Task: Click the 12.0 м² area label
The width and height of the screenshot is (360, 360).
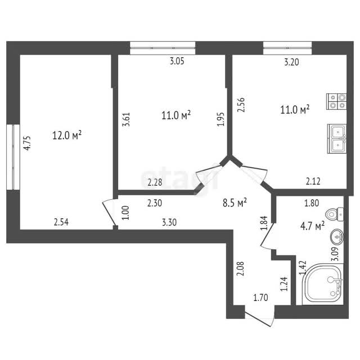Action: click(67, 135)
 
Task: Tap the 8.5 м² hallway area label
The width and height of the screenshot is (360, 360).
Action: click(235, 202)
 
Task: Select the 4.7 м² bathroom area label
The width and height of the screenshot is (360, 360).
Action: click(312, 226)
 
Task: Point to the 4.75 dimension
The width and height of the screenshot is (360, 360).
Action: click(27, 143)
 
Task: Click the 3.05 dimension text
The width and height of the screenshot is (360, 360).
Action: click(177, 61)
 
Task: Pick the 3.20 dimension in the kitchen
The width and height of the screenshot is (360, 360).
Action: click(291, 62)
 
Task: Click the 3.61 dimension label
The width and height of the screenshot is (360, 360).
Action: click(126, 119)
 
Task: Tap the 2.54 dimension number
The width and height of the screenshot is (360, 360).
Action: click(61, 222)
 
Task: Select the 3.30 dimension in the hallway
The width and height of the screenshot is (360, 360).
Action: click(169, 222)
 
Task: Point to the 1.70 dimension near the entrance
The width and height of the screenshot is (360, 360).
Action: click(260, 298)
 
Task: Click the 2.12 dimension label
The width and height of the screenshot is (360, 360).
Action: click(313, 182)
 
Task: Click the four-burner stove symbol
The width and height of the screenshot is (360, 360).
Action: click(336, 101)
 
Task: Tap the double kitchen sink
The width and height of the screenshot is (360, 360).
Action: click(337, 139)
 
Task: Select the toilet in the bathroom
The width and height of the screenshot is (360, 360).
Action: click(335, 214)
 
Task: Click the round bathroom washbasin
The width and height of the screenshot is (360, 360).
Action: click(337, 236)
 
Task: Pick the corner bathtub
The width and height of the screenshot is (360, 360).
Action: click(322, 284)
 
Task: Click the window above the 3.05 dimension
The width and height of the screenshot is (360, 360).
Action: click(163, 48)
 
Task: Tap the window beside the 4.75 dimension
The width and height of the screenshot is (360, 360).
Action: click(13, 157)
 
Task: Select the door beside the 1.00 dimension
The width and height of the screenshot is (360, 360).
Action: click(109, 213)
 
